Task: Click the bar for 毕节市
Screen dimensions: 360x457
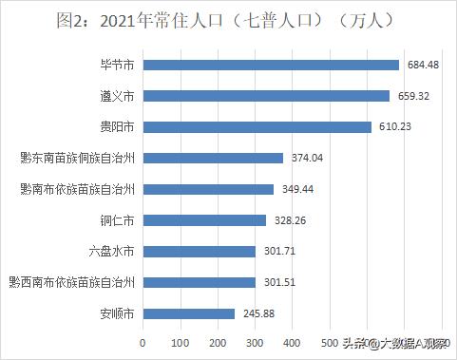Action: [x=271, y=65]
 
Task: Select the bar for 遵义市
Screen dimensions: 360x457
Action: [x=266, y=96]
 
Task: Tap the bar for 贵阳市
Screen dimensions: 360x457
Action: [x=257, y=127]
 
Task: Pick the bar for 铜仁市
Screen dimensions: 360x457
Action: [x=204, y=220]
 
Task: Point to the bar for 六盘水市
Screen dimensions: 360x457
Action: [x=199, y=252]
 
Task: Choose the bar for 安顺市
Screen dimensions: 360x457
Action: [x=188, y=313]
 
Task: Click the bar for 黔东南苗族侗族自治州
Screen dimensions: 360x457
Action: [x=213, y=159]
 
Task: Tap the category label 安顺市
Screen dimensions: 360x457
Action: [x=116, y=313]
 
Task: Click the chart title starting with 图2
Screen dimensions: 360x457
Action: [x=228, y=19]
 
